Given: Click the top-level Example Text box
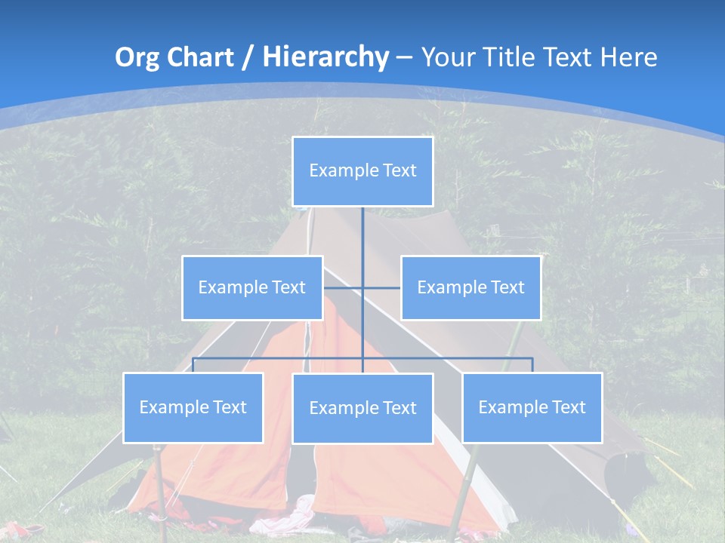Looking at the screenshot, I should tap(362, 171).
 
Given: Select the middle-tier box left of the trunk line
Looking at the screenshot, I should tap(252, 287).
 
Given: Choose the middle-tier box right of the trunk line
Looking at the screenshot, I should tap(470, 287).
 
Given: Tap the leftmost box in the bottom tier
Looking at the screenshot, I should tap(193, 407).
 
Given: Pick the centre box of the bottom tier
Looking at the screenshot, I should tap(362, 408).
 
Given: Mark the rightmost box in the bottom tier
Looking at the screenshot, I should tap(532, 407).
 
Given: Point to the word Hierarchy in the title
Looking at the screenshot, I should tap(325, 57).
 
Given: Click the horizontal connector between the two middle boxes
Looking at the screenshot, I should tap(381, 287).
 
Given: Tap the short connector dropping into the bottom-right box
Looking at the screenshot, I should tap(532, 365).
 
